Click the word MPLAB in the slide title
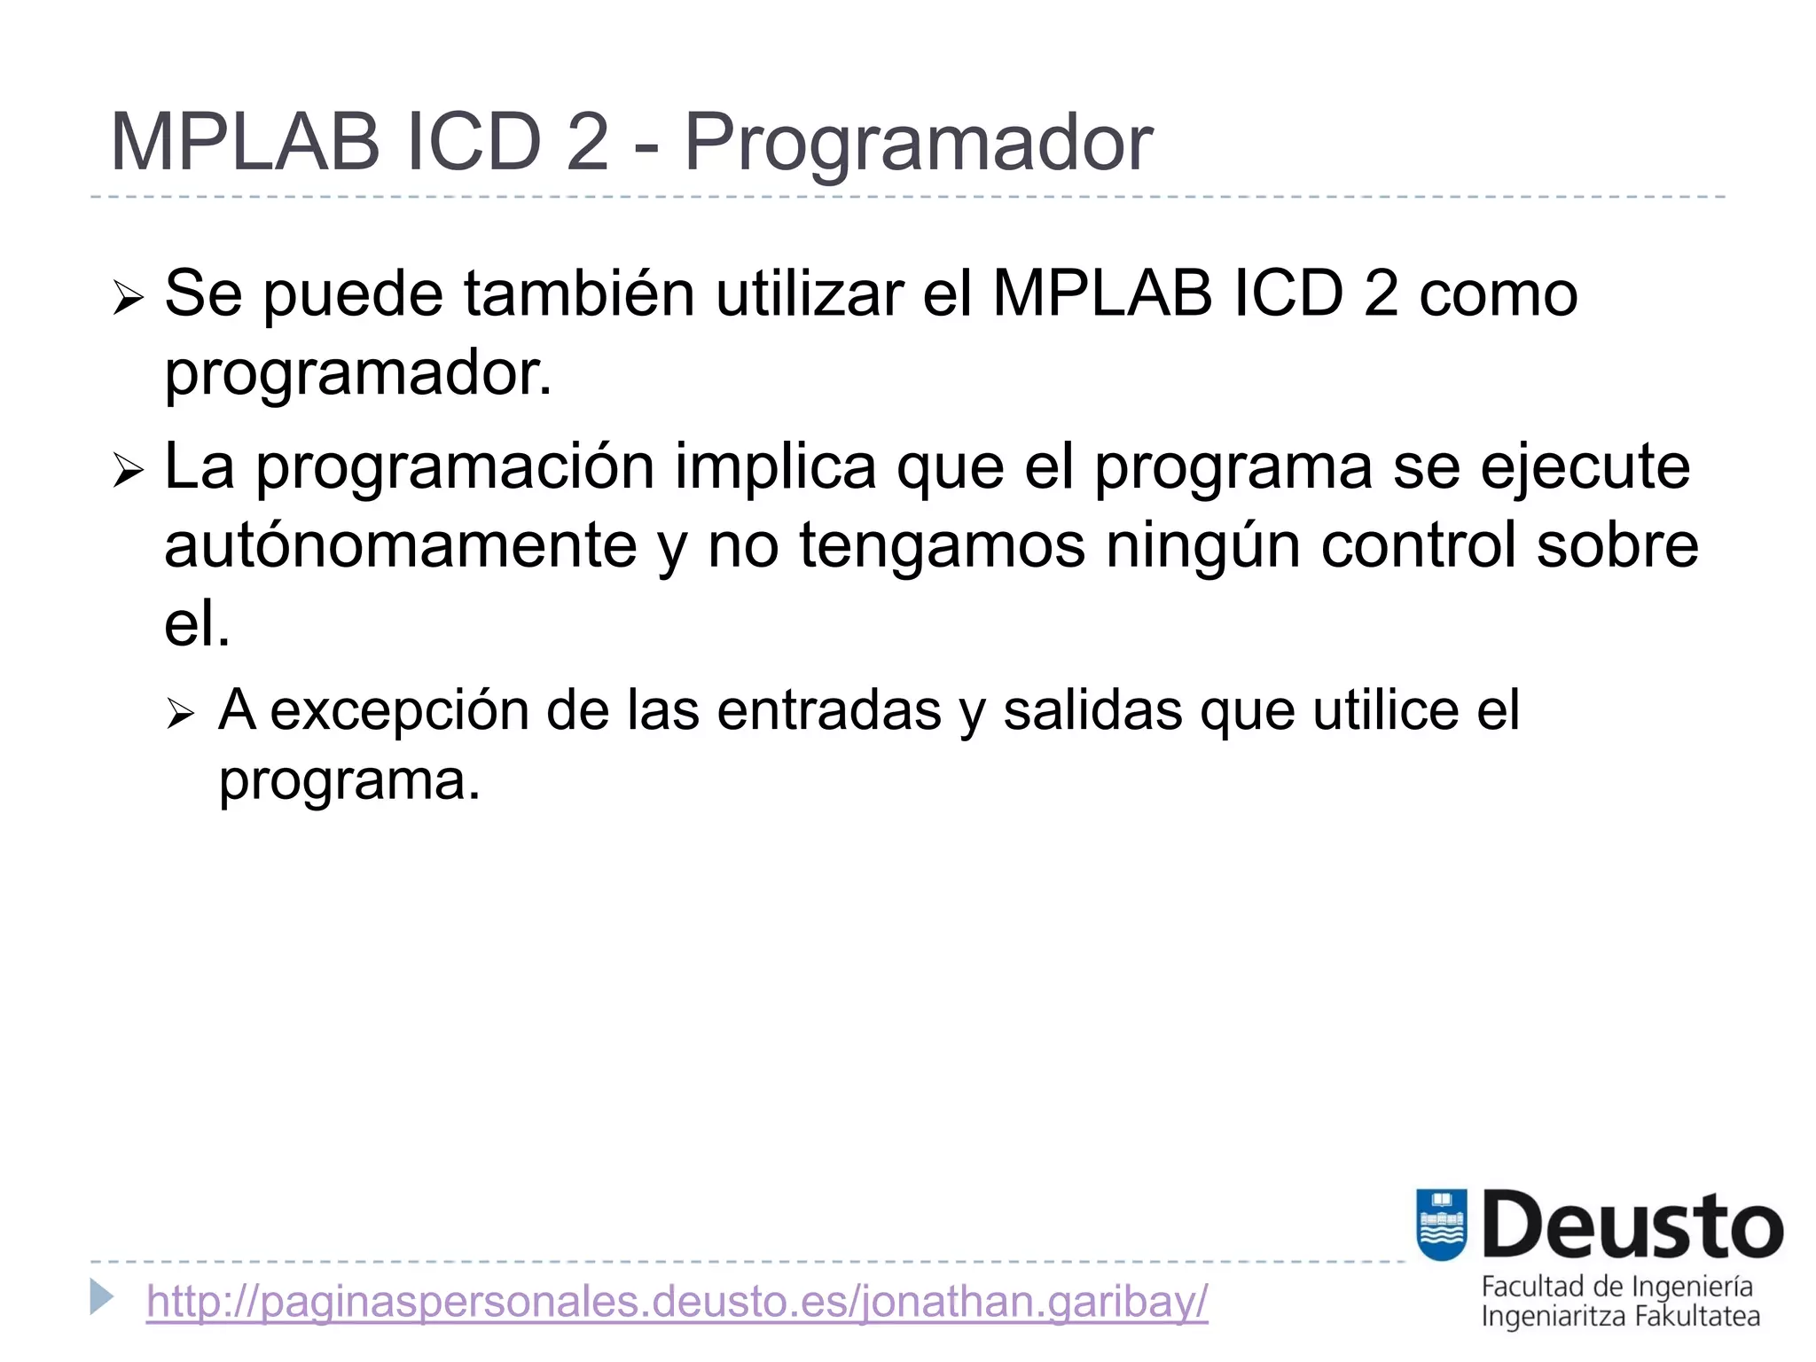click(x=244, y=142)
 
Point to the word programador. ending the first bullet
click(x=358, y=373)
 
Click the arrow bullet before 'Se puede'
click(x=128, y=298)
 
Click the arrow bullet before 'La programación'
click(x=128, y=471)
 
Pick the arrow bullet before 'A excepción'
click(x=180, y=713)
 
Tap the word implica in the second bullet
click(x=774, y=467)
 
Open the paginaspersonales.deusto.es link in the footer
click(x=677, y=1302)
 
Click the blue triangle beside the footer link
click(x=102, y=1297)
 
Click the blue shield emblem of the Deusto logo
click(x=1441, y=1225)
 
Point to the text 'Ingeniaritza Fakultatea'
click(x=1620, y=1316)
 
